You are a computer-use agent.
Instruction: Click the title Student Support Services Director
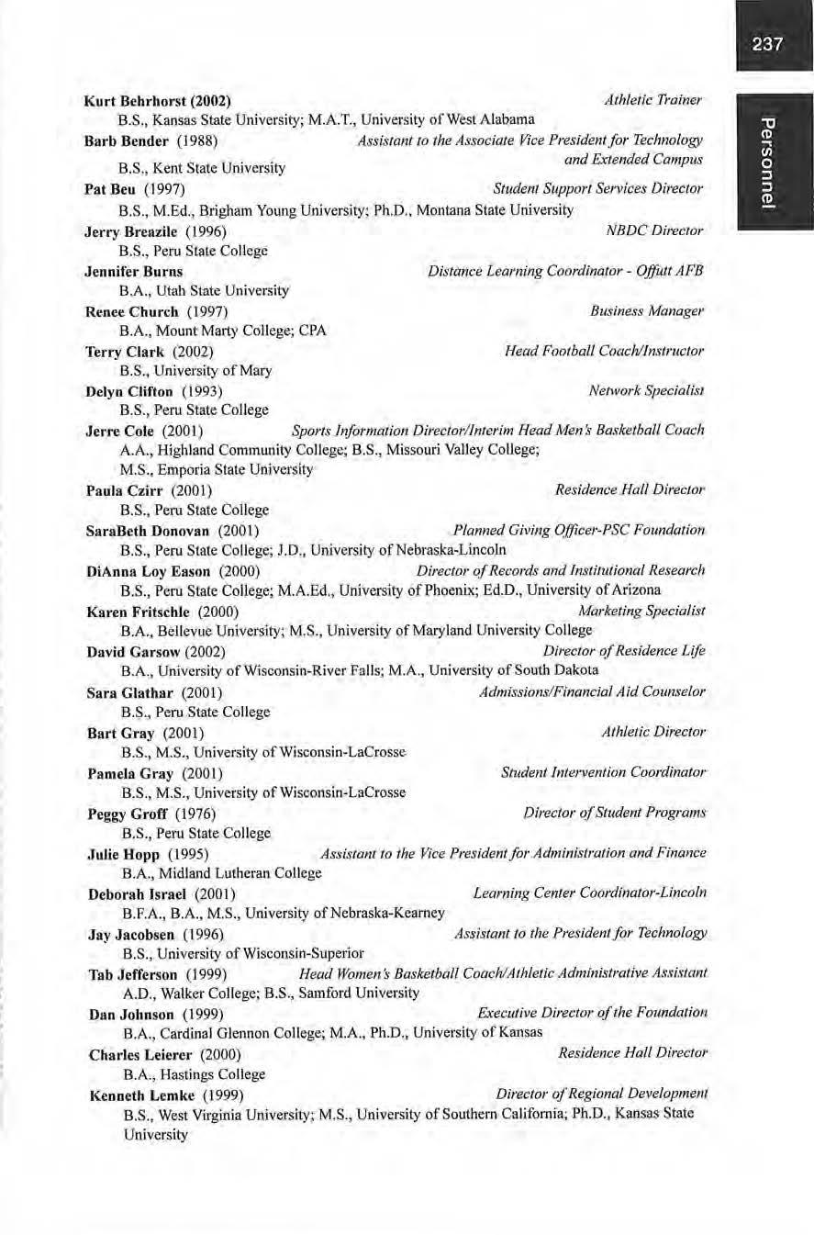[x=597, y=189]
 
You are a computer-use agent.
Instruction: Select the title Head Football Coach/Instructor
[x=604, y=352]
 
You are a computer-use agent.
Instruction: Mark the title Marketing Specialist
[x=641, y=611]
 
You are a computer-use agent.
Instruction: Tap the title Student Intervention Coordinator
[x=603, y=772]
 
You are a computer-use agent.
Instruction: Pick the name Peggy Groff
[x=125, y=814]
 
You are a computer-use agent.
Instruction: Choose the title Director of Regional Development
[x=601, y=1094]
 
